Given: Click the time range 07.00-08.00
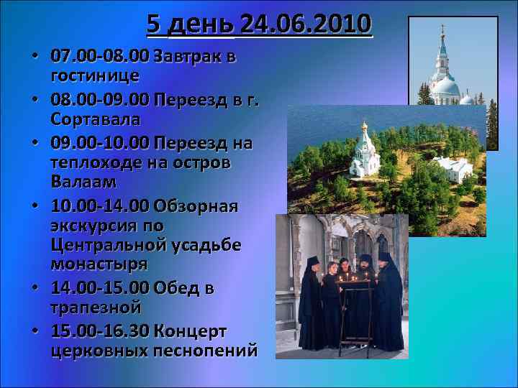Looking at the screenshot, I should coord(99,56).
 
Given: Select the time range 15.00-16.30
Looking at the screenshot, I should coord(99,331).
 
